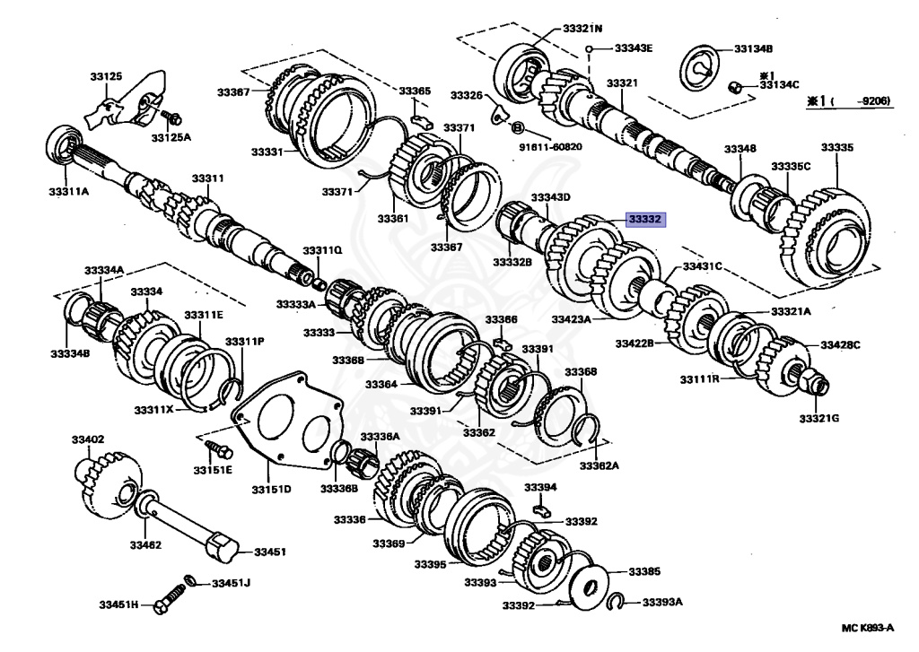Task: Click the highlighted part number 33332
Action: tap(645, 219)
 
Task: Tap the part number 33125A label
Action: tap(171, 138)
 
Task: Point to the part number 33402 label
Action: tap(89, 439)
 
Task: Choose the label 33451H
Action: tap(118, 606)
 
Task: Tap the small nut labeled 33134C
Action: tap(734, 87)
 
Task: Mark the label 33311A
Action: tap(69, 190)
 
